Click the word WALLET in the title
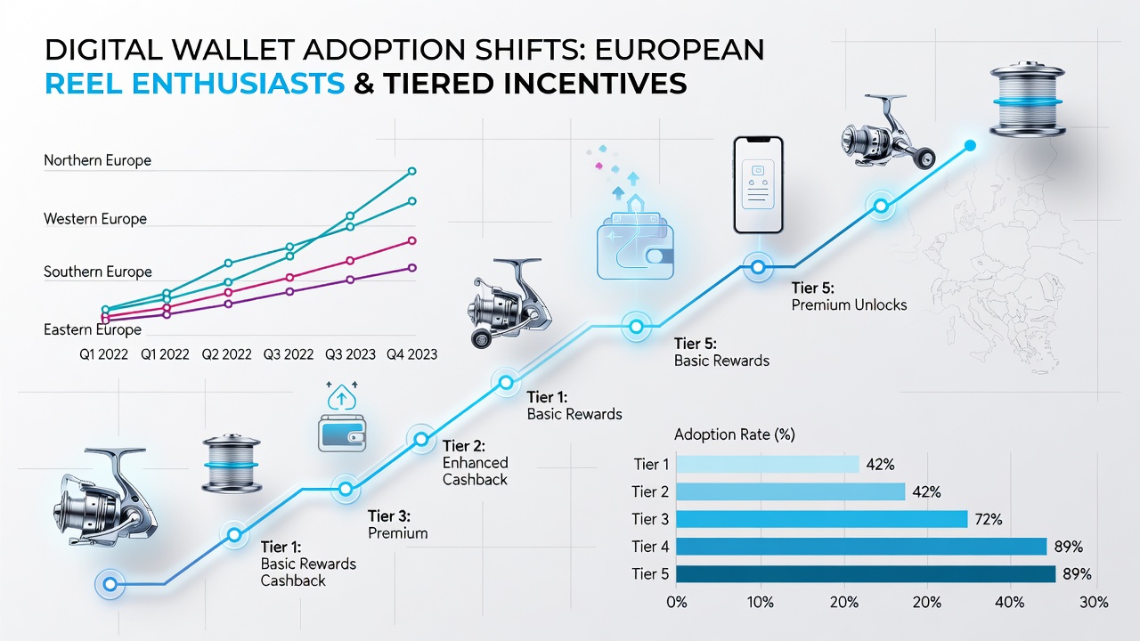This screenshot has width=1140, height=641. point(233,50)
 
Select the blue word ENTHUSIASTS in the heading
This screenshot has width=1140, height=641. point(239,84)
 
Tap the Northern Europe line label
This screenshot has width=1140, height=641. point(98,160)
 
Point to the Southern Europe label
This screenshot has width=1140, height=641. point(98,272)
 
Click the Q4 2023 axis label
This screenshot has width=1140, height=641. point(411,354)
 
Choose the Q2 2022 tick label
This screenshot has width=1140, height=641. point(226,354)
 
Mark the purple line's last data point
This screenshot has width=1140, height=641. point(412,268)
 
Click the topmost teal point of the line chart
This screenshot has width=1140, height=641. point(412,172)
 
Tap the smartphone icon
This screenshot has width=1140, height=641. point(758,184)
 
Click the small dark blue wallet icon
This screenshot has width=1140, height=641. point(342,434)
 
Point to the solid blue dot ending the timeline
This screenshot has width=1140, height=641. point(970,146)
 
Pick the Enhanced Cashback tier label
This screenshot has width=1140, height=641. point(476,471)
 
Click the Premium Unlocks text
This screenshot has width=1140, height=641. point(849,304)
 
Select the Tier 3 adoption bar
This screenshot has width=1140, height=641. point(821,519)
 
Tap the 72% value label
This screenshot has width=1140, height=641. point(989,519)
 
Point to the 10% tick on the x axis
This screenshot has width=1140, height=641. point(761,603)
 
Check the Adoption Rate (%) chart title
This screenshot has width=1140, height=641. point(735,434)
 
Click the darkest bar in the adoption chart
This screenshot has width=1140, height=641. point(866,574)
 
